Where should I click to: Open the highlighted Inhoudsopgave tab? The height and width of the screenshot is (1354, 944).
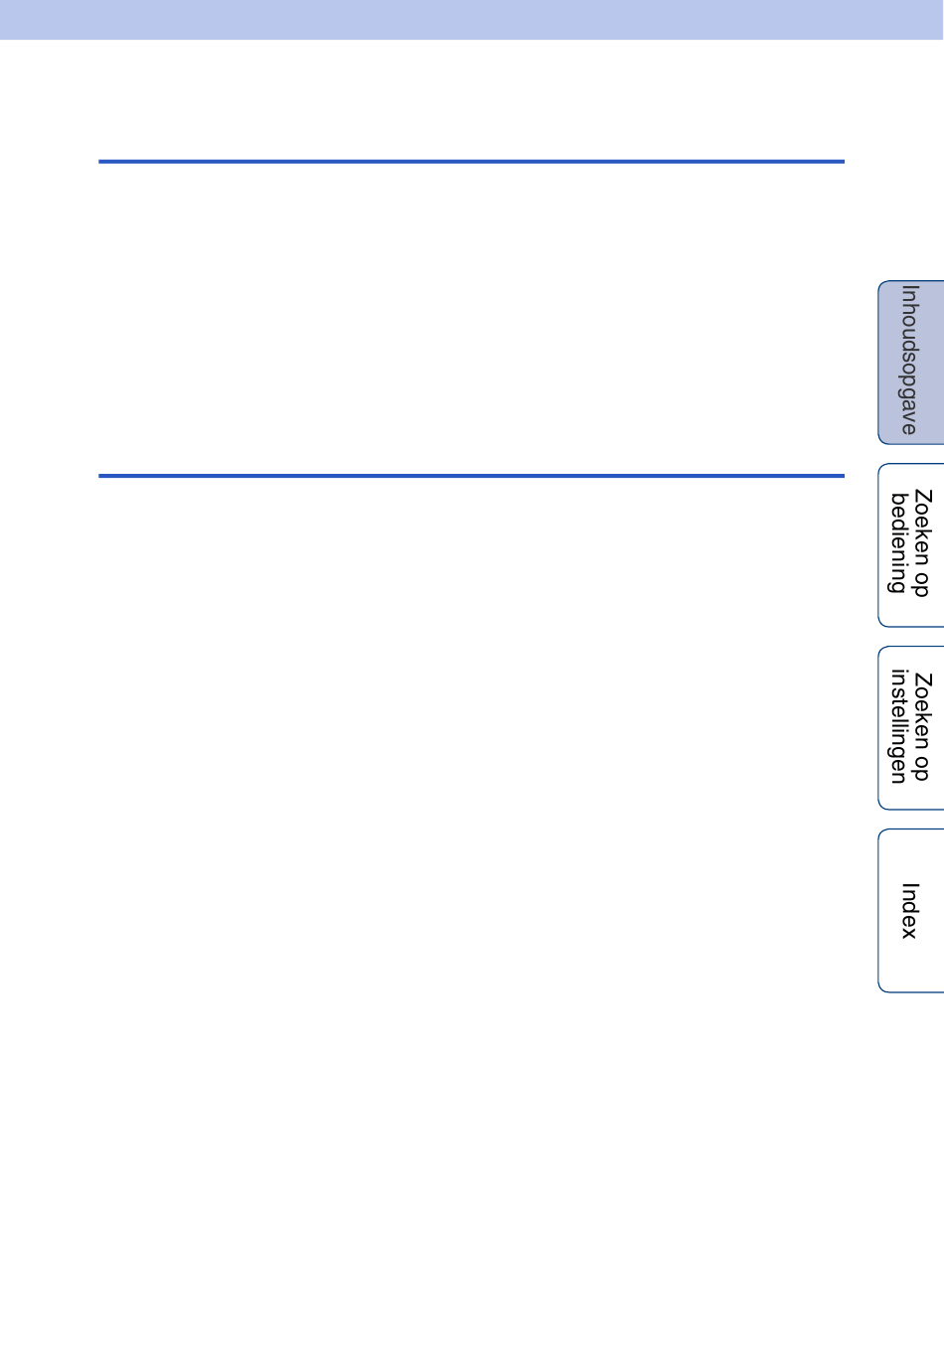point(911,362)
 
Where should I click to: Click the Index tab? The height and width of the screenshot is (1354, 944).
point(911,910)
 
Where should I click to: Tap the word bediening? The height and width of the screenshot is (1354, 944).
point(898,542)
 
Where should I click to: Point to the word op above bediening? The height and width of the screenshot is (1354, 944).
point(920,583)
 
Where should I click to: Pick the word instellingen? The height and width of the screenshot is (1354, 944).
point(898,726)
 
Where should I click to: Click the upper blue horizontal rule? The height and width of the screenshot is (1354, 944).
point(471,161)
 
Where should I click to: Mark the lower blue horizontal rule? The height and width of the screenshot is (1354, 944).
point(471,476)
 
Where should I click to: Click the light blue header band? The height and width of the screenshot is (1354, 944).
point(472,19)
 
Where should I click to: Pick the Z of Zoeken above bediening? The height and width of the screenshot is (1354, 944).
point(922,496)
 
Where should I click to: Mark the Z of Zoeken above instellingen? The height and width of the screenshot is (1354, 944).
point(922,678)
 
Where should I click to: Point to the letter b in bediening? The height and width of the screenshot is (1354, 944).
point(898,500)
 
